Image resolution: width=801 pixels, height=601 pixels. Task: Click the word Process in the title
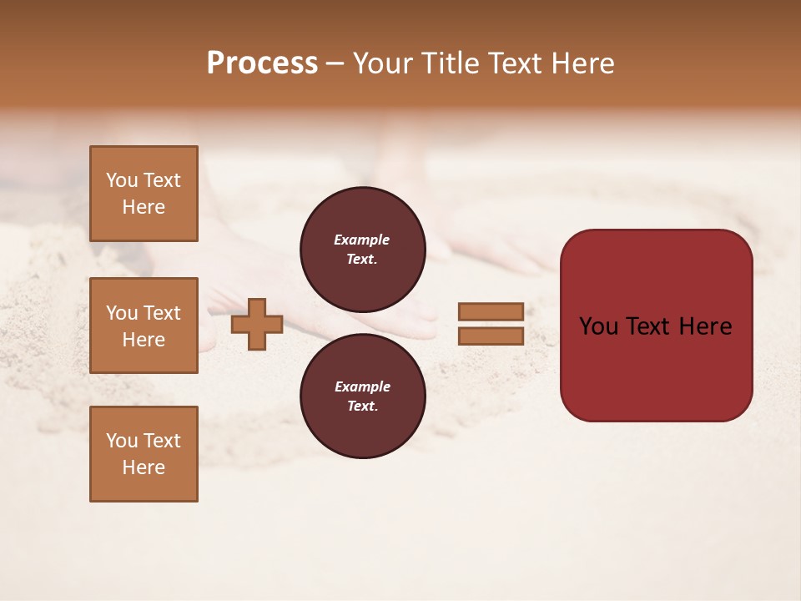coord(262,63)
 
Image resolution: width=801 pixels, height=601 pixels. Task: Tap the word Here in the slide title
coord(581,63)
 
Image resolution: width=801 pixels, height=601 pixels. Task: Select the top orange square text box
coord(144,194)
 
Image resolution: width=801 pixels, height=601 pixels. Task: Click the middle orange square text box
coord(144,326)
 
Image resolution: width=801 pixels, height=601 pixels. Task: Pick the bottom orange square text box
coord(144,454)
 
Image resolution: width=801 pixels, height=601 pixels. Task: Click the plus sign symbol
coord(257,325)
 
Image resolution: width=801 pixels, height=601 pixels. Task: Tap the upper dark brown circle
coord(363,249)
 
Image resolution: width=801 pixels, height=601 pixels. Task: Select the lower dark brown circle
coord(363,396)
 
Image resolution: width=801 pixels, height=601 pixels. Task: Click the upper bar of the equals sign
coord(491,312)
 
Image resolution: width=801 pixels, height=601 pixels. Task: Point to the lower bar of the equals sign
coord(491,336)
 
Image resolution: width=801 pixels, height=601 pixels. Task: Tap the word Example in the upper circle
coord(362,240)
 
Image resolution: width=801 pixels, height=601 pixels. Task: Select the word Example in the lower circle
coord(362,387)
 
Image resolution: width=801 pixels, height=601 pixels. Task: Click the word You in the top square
coord(122,180)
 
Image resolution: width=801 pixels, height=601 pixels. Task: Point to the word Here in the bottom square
coord(144,467)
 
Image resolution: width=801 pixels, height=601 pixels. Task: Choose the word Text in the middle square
coord(161,313)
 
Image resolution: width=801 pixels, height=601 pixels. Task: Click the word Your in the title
coord(384,63)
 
